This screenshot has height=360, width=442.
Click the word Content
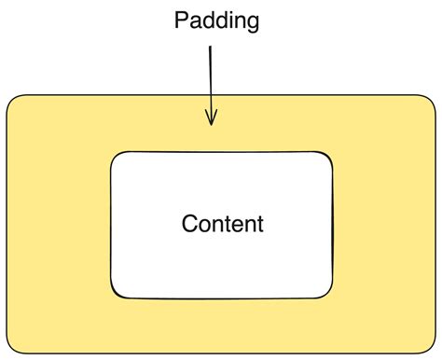coord(222,224)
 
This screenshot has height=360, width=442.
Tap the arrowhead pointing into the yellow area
coord(212,119)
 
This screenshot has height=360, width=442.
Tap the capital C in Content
coord(189,224)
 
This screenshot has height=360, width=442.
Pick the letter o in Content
coord(204,225)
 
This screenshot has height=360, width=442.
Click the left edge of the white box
coord(111,225)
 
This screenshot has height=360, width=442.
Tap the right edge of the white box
coord(333,225)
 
